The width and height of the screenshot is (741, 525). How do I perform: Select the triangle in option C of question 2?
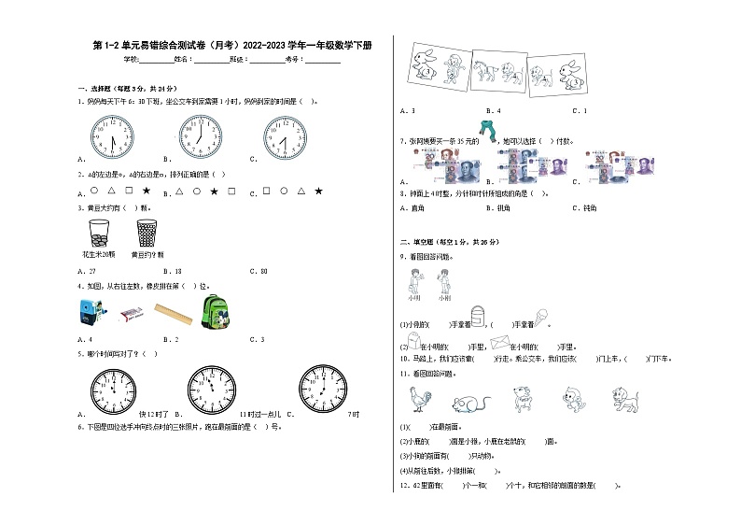[300, 191]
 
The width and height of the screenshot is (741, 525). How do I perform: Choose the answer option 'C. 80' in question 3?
[259, 270]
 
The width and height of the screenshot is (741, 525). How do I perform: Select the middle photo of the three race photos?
[489, 70]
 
